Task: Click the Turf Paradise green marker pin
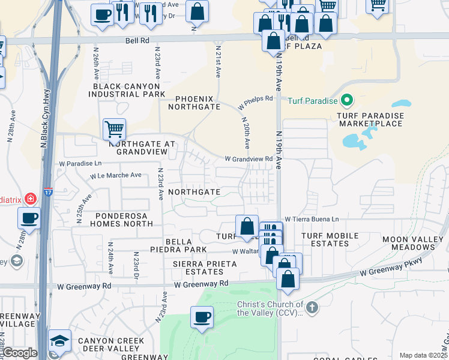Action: tap(346, 100)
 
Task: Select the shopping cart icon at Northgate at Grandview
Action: tap(114, 128)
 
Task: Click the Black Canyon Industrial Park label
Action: tap(129, 91)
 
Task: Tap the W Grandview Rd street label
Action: tap(249, 159)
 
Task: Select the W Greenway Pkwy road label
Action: tap(391, 268)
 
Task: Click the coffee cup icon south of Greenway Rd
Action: tap(202, 317)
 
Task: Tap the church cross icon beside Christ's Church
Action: tap(311, 308)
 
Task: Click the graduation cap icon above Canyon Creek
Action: tap(59, 341)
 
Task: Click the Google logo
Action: tap(19, 353)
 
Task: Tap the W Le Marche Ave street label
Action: tap(116, 176)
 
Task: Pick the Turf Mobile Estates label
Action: tap(325, 239)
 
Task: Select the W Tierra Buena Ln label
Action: tap(312, 219)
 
